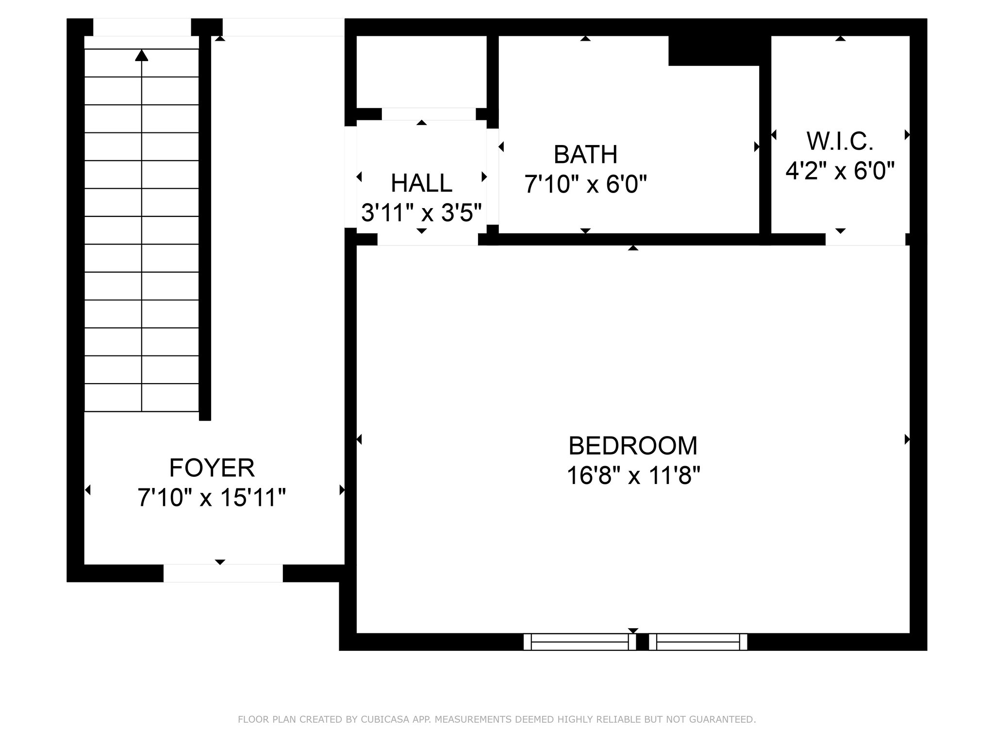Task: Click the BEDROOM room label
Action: (633, 446)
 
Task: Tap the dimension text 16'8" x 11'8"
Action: (633, 475)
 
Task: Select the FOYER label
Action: (212, 468)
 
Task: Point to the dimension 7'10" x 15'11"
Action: (212, 498)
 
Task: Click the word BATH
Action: (585, 155)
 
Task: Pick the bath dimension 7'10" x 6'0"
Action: (585, 184)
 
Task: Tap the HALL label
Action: (421, 183)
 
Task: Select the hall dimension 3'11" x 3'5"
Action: (421, 212)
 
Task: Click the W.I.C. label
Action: (840, 141)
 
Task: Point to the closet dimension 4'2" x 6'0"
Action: (840, 171)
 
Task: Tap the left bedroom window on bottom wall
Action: (580, 642)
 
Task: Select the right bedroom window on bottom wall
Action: (698, 642)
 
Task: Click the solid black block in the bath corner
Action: (714, 50)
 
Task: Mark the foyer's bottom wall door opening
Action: (223, 573)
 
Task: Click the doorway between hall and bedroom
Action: (428, 239)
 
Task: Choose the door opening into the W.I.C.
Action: (865, 239)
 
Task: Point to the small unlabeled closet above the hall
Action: (421, 72)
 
